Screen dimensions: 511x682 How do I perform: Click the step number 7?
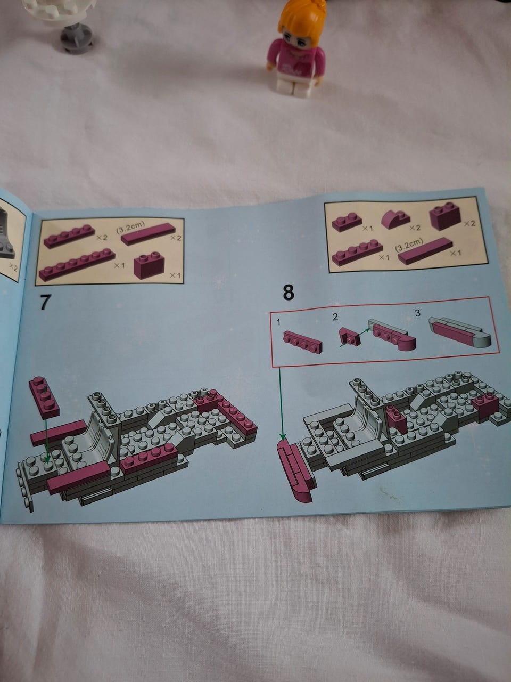click(x=45, y=302)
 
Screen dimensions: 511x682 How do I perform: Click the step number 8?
click(x=288, y=293)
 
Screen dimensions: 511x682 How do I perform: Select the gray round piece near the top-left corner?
click(x=76, y=38)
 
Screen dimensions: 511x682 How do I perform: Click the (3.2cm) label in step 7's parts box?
click(x=130, y=228)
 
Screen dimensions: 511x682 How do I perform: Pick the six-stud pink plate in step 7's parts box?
click(x=77, y=265)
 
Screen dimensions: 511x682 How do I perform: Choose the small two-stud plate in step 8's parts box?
click(x=347, y=222)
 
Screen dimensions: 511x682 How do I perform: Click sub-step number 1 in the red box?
click(x=278, y=322)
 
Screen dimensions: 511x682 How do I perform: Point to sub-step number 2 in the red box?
click(x=335, y=317)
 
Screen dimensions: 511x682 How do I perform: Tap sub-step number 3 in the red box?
click(x=418, y=313)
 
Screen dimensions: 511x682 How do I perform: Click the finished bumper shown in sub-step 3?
click(x=459, y=333)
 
